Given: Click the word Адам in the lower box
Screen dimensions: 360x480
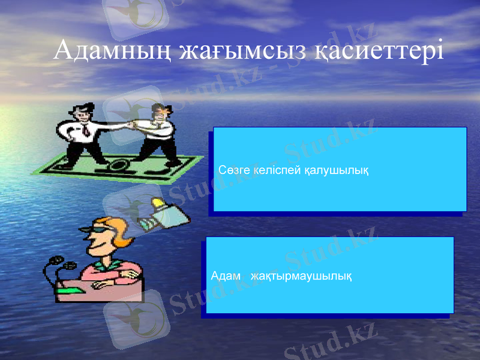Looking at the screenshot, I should click(x=226, y=277).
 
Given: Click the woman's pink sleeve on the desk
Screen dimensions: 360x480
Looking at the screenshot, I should click(x=114, y=273).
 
